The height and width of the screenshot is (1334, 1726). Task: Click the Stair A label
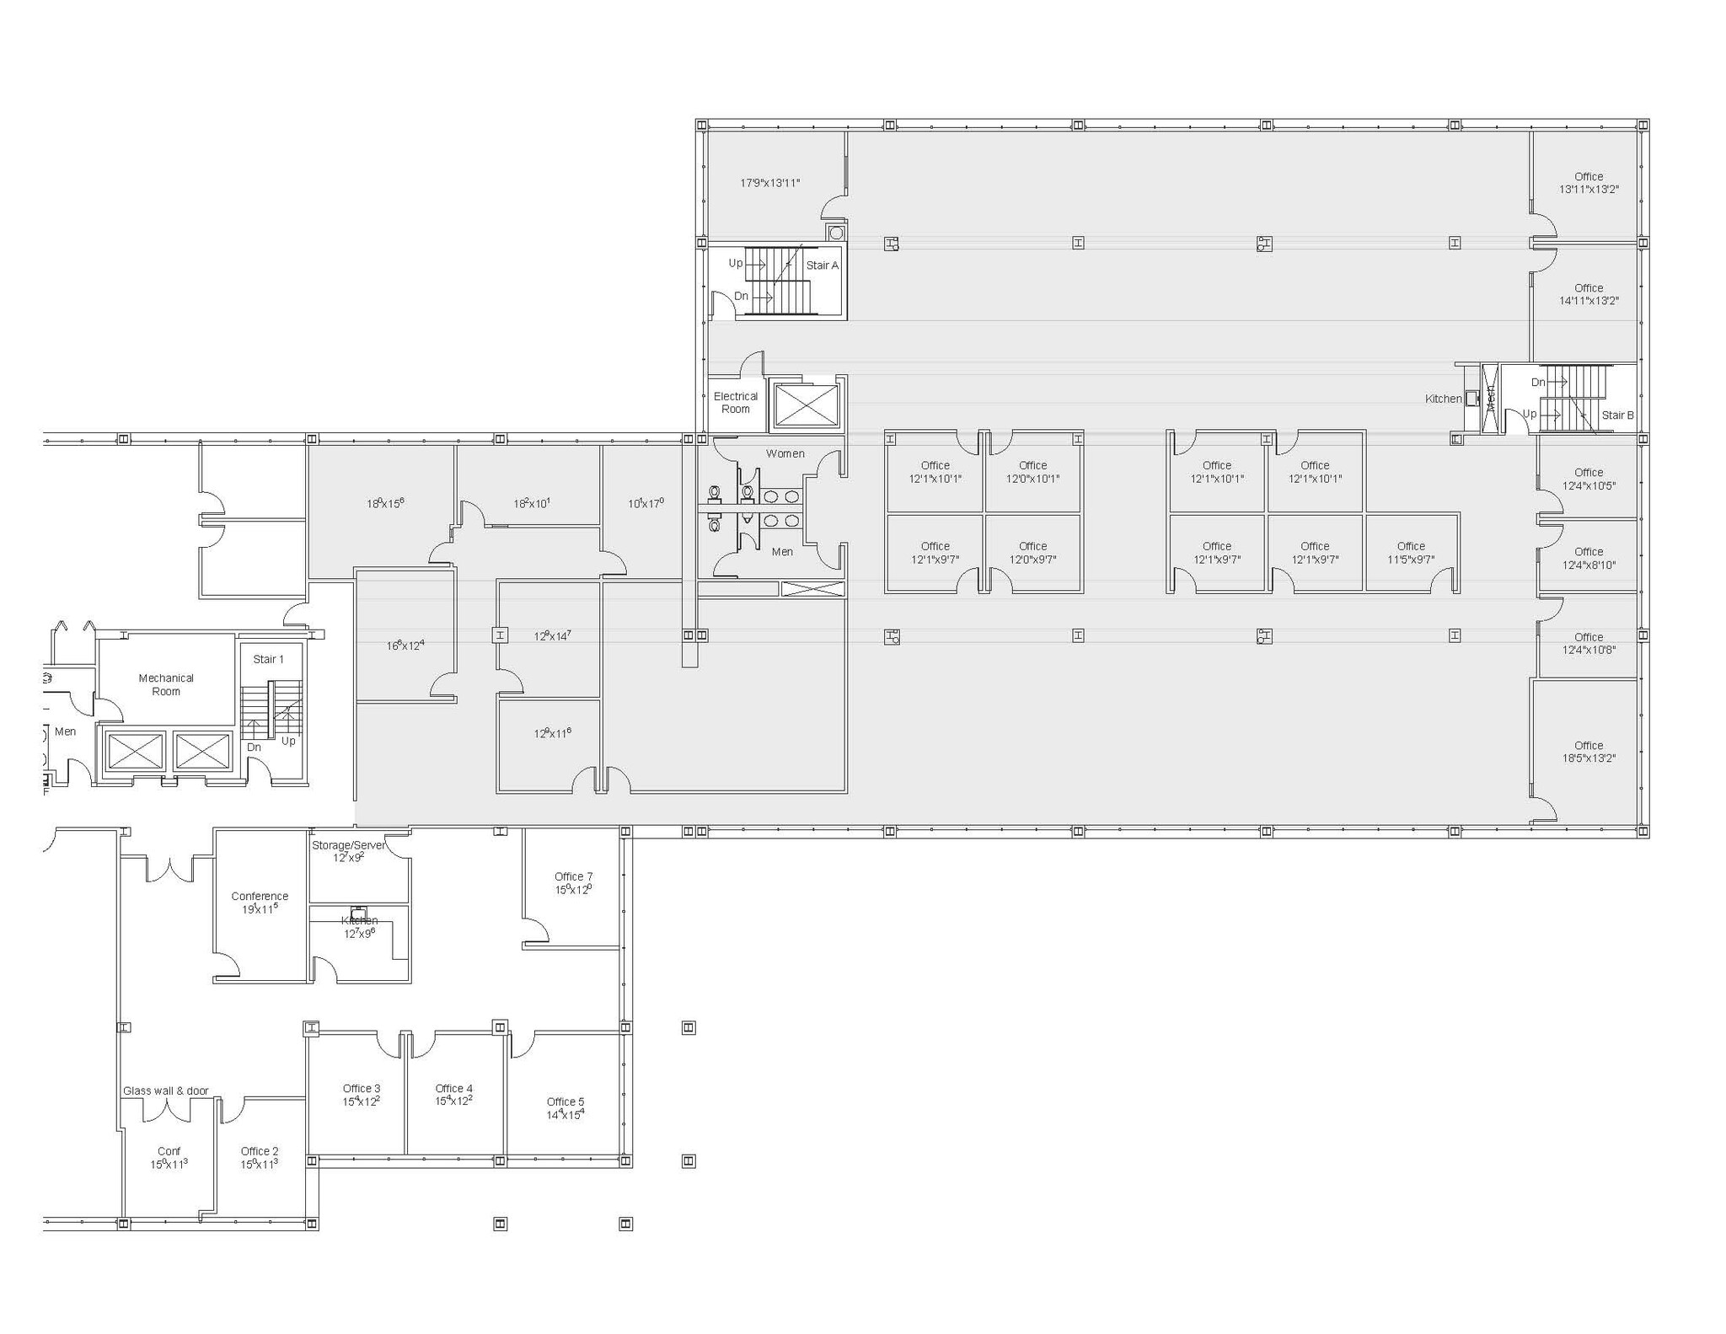(x=822, y=265)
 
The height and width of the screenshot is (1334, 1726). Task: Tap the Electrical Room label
(x=735, y=403)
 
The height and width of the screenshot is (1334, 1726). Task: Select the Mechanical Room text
(x=166, y=684)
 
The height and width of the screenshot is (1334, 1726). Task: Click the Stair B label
(x=1617, y=415)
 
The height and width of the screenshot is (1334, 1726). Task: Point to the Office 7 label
(x=573, y=877)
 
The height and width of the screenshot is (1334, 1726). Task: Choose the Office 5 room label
(x=565, y=1102)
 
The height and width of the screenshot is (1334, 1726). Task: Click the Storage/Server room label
(x=348, y=845)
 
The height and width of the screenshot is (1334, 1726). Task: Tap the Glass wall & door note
(x=166, y=1090)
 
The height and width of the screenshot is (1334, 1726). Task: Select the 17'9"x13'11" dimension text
(x=769, y=183)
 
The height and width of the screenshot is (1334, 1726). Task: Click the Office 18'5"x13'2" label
(x=1588, y=752)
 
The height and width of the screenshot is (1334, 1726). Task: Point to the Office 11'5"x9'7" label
(x=1411, y=553)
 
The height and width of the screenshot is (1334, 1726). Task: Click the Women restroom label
(x=785, y=453)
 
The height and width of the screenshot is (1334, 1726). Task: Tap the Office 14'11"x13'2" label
(x=1588, y=294)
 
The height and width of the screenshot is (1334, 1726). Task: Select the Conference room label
(x=260, y=897)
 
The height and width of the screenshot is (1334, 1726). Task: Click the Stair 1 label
(x=268, y=659)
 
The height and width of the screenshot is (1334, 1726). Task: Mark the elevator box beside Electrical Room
(x=807, y=405)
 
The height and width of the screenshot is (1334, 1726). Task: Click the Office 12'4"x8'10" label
(x=1588, y=559)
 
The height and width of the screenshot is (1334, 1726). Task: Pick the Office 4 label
(x=453, y=1089)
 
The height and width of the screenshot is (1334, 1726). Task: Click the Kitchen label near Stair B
(x=1443, y=399)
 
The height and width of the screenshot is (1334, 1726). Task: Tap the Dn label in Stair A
(x=741, y=297)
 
